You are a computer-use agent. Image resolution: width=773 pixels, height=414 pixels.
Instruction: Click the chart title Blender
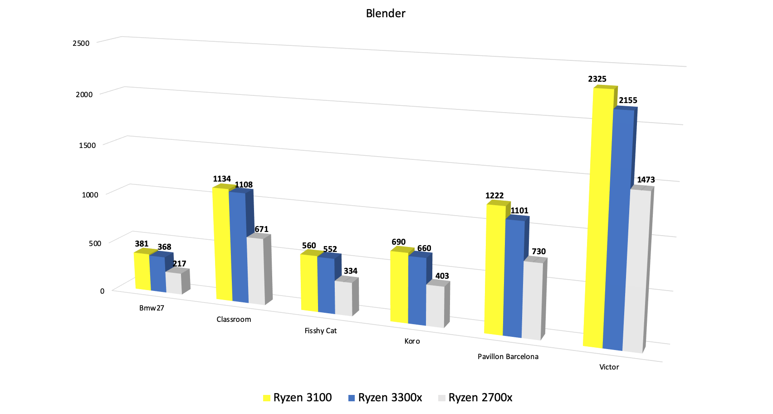point(386,14)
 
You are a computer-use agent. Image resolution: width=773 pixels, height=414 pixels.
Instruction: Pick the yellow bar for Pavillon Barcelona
point(494,270)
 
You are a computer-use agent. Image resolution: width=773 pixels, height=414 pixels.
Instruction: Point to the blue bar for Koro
point(417,291)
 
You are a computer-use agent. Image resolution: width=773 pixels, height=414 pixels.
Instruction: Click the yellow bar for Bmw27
point(142,271)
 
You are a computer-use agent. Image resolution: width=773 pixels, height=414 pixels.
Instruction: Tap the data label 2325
point(597,79)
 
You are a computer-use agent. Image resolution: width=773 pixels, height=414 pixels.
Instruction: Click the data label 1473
point(646,180)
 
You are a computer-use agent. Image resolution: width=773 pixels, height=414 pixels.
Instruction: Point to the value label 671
point(261,229)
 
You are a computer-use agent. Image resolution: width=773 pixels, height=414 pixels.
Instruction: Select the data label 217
point(179,264)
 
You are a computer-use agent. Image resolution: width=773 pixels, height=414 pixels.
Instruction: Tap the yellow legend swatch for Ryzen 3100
point(267,398)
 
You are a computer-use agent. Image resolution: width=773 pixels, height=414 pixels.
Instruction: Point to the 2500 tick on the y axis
point(81,43)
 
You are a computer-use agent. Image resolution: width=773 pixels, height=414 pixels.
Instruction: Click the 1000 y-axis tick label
point(90,195)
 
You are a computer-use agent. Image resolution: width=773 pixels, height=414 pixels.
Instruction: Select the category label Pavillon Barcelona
point(508,357)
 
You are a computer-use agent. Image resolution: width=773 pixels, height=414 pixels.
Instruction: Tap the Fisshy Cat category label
point(320,331)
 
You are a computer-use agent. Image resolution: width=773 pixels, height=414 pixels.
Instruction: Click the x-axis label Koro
point(412,341)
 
